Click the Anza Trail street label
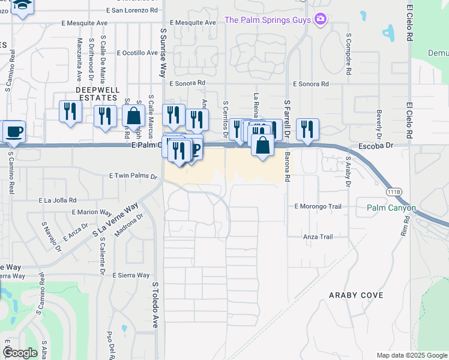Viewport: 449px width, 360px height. pyautogui.click(x=318, y=237)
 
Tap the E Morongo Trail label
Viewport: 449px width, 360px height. pyautogui.click(x=318, y=206)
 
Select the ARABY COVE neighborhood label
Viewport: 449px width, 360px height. pyautogui.click(x=352, y=295)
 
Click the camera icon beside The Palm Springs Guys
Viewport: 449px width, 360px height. pyautogui.click(x=321, y=20)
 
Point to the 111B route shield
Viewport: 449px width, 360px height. pyautogui.click(x=394, y=191)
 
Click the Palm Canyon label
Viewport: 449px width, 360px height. pyautogui.click(x=391, y=208)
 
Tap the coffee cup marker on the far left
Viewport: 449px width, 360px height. pyautogui.click(x=13, y=131)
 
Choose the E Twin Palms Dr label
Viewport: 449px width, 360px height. pyautogui.click(x=133, y=176)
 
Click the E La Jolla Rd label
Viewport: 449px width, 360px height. pyautogui.click(x=58, y=200)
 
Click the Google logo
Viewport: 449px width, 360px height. pyautogui.click(x=20, y=353)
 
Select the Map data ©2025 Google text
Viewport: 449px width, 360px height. pyautogui.click(x=412, y=355)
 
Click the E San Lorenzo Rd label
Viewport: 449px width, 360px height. pyautogui.click(x=131, y=11)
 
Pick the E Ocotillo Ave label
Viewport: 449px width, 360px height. pyautogui.click(x=137, y=53)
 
